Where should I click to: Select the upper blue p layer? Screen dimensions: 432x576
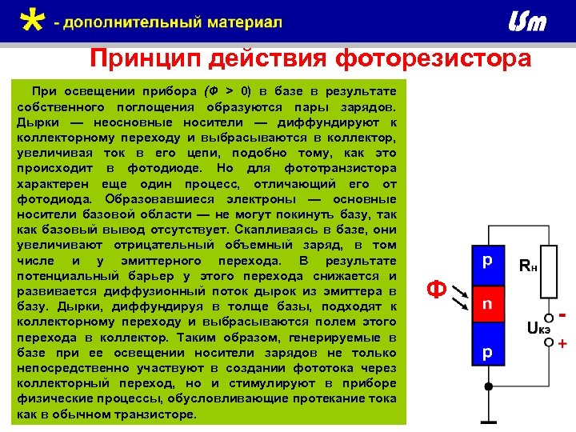(x=487, y=263)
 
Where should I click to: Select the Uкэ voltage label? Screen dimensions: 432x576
(x=538, y=326)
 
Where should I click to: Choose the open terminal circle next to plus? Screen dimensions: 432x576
(x=550, y=342)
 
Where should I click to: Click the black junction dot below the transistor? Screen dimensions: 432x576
(x=487, y=386)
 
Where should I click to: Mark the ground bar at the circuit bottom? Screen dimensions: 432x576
(x=487, y=421)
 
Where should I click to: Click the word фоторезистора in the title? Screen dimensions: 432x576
(x=433, y=59)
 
